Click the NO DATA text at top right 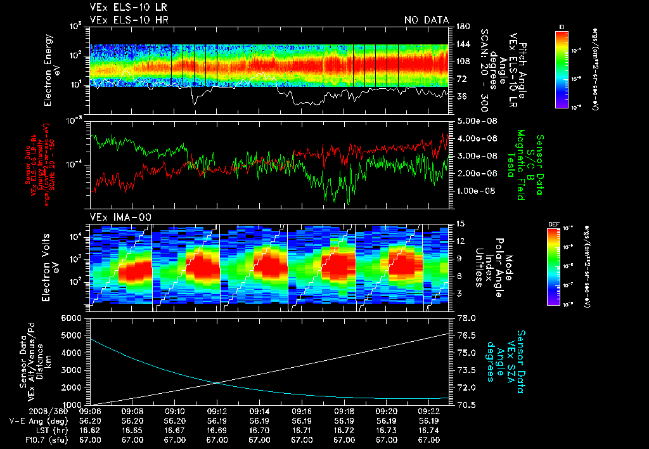pos(427,20)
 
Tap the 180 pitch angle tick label pos(461,27)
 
